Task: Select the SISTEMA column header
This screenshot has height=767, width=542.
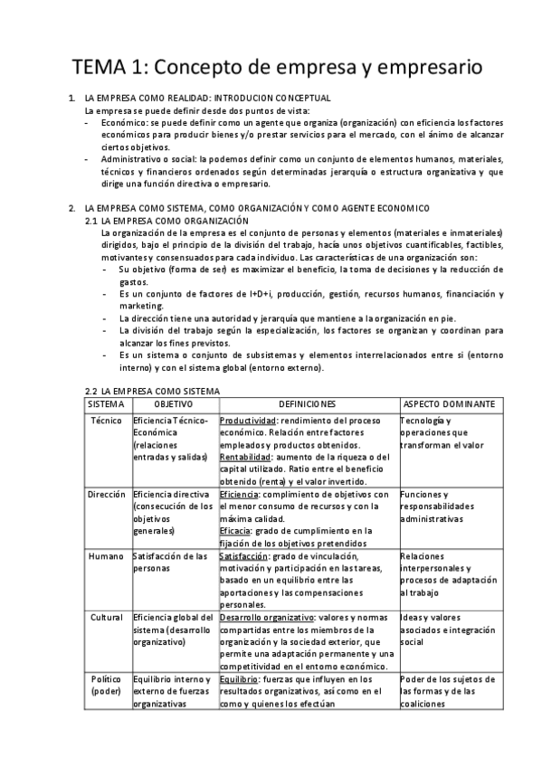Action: (108, 403)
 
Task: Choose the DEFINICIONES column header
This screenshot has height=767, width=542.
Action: (308, 403)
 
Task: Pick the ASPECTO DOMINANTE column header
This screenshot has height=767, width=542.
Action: (448, 403)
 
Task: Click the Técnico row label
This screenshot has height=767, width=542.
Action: (108, 421)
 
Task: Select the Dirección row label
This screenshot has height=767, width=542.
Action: (108, 495)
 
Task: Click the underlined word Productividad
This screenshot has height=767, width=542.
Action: (247, 421)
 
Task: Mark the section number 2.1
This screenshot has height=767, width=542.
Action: (90, 221)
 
